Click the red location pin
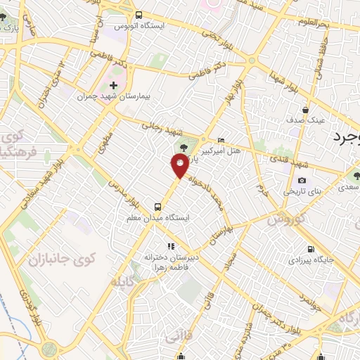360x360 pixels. point(180,166)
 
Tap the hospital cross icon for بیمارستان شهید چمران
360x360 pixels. point(113,85)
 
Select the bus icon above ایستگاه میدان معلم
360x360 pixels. point(157,207)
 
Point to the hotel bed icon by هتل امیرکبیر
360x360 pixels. point(221,140)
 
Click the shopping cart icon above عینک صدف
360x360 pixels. point(304,110)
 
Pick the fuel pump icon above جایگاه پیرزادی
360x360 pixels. point(311,249)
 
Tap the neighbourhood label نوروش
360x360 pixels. point(285,219)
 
